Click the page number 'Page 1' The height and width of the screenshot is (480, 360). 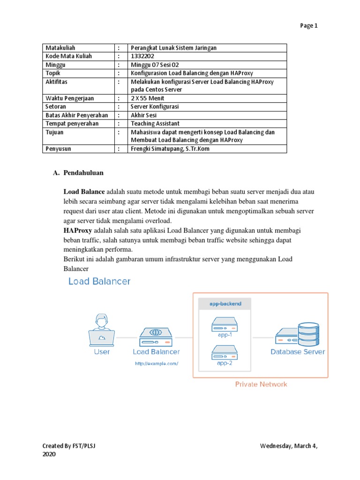tap(308, 26)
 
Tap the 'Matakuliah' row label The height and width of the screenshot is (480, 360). tap(60, 48)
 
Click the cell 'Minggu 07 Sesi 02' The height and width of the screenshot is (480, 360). tap(156, 65)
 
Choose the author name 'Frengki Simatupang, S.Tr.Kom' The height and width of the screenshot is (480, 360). tap(170, 149)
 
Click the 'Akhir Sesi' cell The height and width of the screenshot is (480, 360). tap(143, 115)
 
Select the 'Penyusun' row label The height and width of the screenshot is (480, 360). tap(58, 149)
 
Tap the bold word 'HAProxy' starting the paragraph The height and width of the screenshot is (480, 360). tap(78, 231)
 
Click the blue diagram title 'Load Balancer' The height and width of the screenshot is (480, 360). tap(99, 281)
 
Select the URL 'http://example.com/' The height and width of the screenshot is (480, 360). tap(157, 363)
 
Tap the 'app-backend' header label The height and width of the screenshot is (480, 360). tap(225, 304)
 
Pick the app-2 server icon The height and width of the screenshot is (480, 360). tap(225, 351)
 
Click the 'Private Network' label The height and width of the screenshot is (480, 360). tap(261, 384)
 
